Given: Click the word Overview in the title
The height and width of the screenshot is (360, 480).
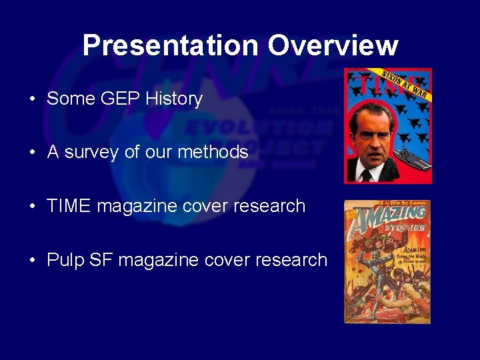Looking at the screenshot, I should pyautogui.click(x=333, y=45).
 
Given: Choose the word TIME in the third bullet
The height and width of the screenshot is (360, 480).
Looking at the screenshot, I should pyautogui.click(x=69, y=206).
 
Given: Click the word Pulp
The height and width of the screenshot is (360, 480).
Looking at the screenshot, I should pyautogui.click(x=63, y=260).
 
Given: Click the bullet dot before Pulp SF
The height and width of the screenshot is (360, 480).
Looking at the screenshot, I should pyautogui.click(x=32, y=261).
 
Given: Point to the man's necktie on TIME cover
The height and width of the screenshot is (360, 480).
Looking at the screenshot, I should pyautogui.click(x=366, y=175).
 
